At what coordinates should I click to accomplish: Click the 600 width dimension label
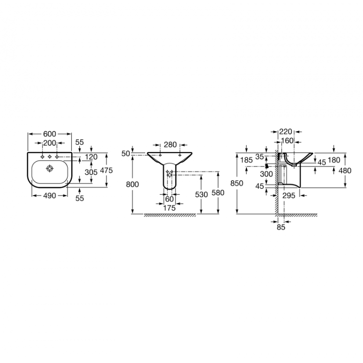coord(50,134)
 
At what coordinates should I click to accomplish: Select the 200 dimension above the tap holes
coord(50,143)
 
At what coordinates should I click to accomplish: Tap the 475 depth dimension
coord(106,170)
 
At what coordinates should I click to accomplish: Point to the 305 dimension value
coord(91,172)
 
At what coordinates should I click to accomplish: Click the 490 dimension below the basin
coord(50,196)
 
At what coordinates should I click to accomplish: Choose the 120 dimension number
coord(91,157)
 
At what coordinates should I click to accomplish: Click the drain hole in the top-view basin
coord(50,168)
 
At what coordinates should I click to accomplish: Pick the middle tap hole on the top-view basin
coord(49,157)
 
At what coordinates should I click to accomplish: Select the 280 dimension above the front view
coord(170,145)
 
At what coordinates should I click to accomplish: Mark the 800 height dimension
coord(133,184)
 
